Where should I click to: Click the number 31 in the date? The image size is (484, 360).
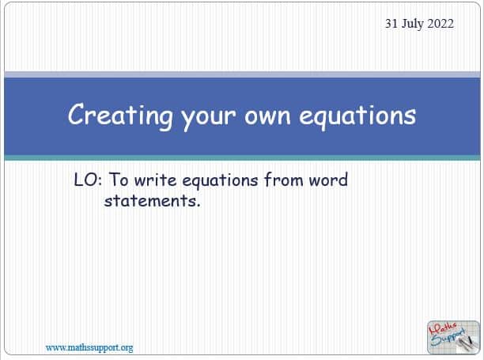click(391, 24)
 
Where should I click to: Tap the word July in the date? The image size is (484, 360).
click(412, 25)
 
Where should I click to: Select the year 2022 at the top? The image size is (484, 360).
click(441, 24)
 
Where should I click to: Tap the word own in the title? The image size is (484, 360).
click(267, 116)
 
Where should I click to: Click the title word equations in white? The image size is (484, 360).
click(357, 117)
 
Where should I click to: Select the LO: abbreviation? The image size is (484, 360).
click(88, 180)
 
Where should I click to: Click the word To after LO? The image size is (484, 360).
click(119, 180)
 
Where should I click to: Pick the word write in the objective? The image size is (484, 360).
click(155, 180)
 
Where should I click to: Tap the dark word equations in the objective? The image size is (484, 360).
click(220, 181)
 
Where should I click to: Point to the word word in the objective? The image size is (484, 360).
click(328, 180)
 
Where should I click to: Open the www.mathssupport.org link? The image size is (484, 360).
click(89, 348)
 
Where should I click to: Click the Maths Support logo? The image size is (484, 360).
click(453, 337)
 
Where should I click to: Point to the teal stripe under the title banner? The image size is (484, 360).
click(242, 157)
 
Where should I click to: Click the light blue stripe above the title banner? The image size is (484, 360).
click(242, 74)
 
